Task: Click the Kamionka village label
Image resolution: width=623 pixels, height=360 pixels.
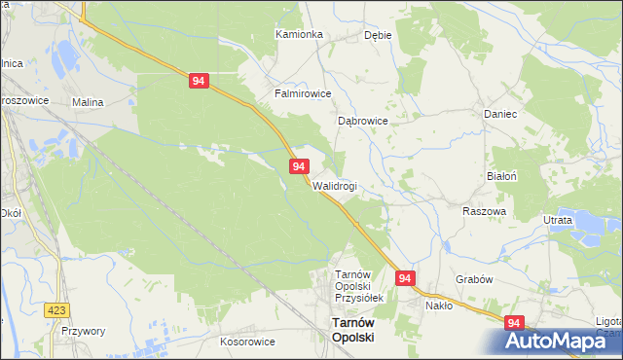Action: click(x=299, y=34)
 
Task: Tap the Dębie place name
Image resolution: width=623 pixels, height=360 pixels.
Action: click(x=378, y=34)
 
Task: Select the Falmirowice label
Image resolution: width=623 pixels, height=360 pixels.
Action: click(x=303, y=94)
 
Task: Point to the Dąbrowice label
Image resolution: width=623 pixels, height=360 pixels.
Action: click(x=363, y=121)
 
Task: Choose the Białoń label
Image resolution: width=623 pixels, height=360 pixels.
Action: click(x=501, y=176)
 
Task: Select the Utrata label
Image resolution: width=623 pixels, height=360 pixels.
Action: click(x=558, y=221)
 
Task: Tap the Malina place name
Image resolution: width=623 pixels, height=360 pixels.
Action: click(x=88, y=101)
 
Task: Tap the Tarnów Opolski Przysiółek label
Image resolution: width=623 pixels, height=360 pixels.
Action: click(x=360, y=287)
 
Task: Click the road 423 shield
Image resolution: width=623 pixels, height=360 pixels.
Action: click(x=57, y=309)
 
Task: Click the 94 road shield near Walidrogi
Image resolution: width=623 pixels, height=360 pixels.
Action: click(x=299, y=167)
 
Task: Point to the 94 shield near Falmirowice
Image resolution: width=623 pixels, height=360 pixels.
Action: click(x=198, y=83)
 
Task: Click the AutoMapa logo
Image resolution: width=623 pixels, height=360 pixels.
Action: click(x=559, y=341)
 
